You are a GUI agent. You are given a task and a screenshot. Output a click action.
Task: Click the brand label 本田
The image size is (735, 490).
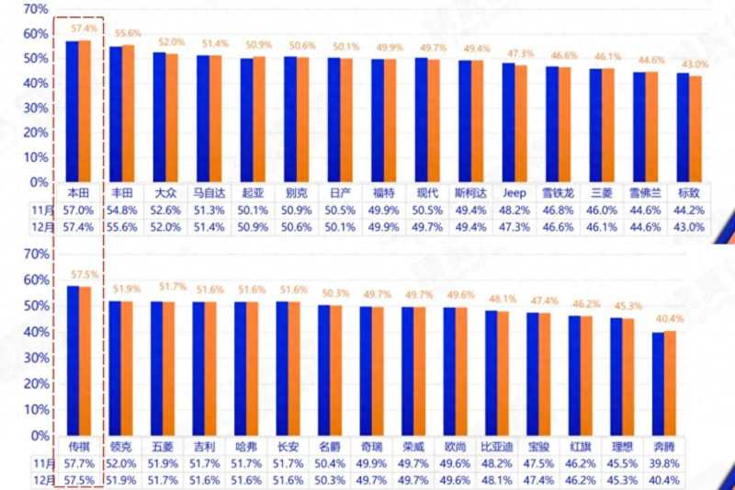point(78,193)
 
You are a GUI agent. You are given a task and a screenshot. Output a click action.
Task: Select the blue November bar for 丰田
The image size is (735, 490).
point(116,114)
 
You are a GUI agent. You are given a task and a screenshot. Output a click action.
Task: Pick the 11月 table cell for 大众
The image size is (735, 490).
point(166,210)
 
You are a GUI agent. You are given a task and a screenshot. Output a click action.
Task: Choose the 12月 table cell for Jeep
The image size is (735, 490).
point(514,227)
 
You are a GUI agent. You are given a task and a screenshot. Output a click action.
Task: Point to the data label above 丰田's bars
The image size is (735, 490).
point(122,32)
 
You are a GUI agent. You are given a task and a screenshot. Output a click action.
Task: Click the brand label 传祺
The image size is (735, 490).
point(78,446)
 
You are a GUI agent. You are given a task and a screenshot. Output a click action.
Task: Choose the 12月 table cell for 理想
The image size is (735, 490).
point(621,480)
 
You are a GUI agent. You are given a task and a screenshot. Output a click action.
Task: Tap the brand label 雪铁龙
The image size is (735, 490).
point(558,193)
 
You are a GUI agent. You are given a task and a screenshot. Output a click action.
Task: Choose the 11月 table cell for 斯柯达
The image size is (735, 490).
point(470,210)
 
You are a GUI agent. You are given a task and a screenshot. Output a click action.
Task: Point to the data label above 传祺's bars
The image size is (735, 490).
point(85,274)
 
